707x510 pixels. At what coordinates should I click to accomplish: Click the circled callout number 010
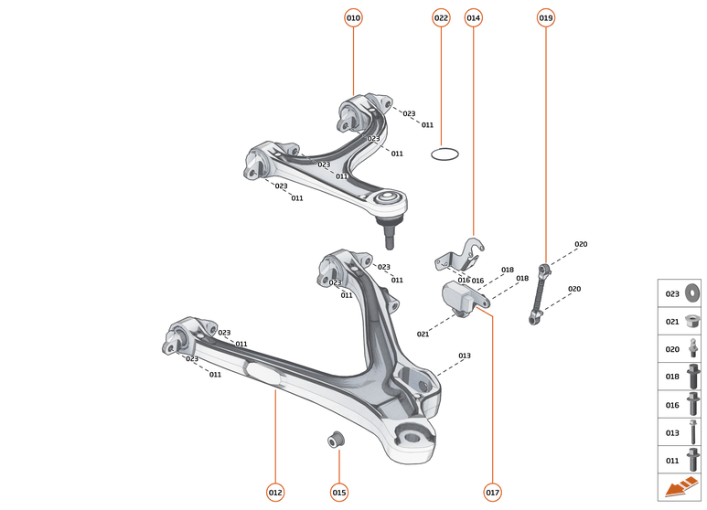click(353, 17)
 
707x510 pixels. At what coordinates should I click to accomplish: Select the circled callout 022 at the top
click(441, 17)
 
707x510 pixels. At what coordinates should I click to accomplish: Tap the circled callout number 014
click(473, 17)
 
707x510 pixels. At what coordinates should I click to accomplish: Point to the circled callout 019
click(545, 17)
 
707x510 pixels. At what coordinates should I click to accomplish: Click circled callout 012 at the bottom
click(275, 492)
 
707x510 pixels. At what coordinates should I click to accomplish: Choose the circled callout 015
click(339, 492)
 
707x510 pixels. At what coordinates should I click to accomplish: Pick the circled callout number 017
click(493, 492)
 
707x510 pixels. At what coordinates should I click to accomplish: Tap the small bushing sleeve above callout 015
click(336, 439)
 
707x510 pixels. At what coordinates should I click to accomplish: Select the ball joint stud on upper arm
click(391, 233)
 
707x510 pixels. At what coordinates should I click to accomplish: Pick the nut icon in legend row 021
click(691, 321)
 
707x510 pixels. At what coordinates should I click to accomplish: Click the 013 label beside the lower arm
click(465, 356)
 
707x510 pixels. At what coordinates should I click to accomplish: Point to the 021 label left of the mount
click(423, 335)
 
